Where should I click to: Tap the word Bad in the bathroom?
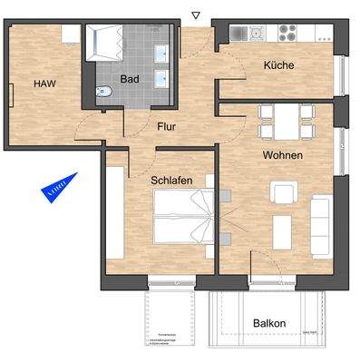tap(130, 79)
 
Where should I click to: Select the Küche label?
tap(278, 65)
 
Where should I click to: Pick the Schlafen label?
tap(171, 181)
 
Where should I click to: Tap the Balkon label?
tap(269, 323)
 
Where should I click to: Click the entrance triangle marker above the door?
tap(195, 15)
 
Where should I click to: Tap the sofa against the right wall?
tap(321, 219)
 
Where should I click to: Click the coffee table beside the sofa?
tap(284, 224)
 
